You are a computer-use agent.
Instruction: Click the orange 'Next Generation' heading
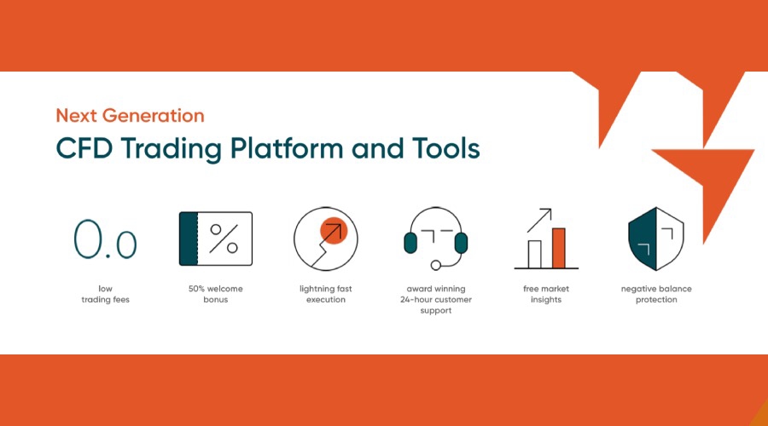pyautogui.click(x=130, y=115)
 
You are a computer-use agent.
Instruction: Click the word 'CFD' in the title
pyautogui.click(x=84, y=148)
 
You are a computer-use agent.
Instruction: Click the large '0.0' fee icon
pyautogui.click(x=105, y=239)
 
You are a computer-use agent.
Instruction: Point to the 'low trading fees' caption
pyautogui.click(x=105, y=294)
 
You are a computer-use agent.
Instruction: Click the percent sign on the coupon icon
pyautogui.click(x=224, y=239)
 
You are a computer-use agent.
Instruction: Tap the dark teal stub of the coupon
pyautogui.click(x=189, y=239)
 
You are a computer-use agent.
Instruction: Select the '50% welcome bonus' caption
pyautogui.click(x=215, y=294)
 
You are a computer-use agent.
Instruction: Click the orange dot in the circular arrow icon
pyautogui.click(x=333, y=230)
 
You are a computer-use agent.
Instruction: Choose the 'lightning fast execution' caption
pyautogui.click(x=326, y=294)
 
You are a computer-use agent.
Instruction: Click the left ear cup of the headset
pyautogui.click(x=410, y=243)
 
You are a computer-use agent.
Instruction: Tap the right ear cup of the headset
pyautogui.click(x=461, y=243)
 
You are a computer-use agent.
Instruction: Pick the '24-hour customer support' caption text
pyautogui.click(x=435, y=300)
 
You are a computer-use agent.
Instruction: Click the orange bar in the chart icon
pyautogui.click(x=559, y=247)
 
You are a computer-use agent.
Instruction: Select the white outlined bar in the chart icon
pyautogui.click(x=535, y=253)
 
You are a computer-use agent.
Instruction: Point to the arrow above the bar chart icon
pyautogui.click(x=539, y=220)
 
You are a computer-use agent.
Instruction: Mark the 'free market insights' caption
pyautogui.click(x=546, y=294)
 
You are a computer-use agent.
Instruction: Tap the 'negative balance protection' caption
pyautogui.click(x=656, y=294)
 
